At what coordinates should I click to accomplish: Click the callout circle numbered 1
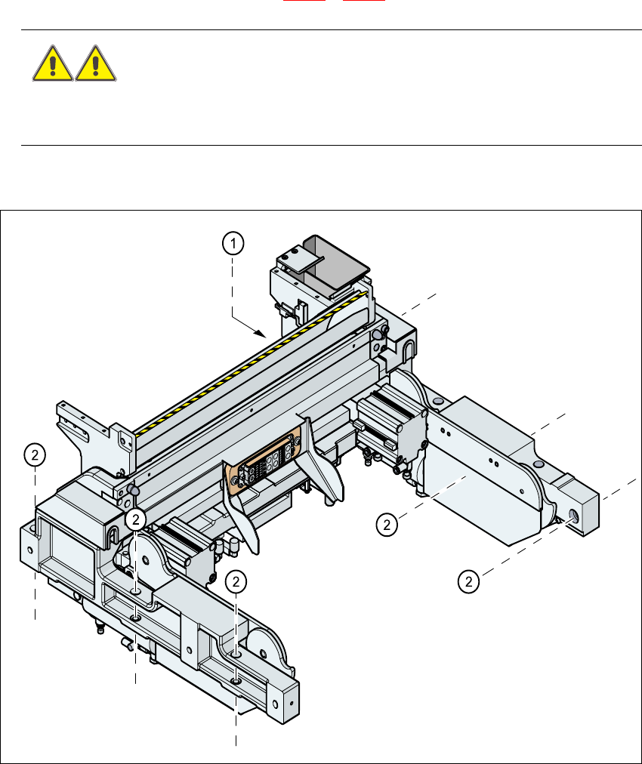(x=233, y=243)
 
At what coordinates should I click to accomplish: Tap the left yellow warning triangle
(x=53, y=63)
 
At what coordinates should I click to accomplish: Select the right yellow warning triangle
(x=95, y=63)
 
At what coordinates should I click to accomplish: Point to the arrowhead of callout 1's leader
(x=262, y=334)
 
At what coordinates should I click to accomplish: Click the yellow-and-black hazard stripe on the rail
(x=250, y=363)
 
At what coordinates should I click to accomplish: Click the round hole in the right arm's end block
(x=573, y=516)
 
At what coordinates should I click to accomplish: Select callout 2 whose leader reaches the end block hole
(x=468, y=581)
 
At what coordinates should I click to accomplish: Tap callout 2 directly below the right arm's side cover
(x=387, y=525)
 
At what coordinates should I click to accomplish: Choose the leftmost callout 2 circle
(x=35, y=455)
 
